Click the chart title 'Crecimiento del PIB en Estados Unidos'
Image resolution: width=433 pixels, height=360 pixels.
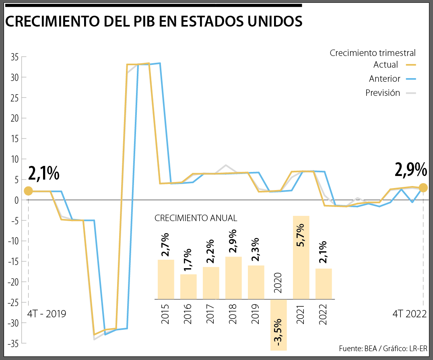[153, 21]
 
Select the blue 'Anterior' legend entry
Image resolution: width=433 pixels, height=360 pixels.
[392, 79]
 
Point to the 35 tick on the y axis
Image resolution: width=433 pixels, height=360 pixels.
[15, 57]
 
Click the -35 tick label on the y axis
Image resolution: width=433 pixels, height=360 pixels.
[13, 343]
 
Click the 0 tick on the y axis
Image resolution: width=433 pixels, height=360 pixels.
[16, 200]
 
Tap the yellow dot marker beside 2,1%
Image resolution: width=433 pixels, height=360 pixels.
[28, 191]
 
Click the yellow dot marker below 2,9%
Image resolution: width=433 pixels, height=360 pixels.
[423, 188]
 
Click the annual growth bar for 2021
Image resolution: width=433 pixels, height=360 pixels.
[301, 258]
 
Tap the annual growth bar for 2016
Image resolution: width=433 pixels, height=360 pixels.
[188, 287]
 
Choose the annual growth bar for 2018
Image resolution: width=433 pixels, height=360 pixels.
[233, 278]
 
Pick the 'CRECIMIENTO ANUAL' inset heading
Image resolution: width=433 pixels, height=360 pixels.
[196, 218]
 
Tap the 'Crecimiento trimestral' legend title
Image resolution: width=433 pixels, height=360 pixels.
[372, 53]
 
